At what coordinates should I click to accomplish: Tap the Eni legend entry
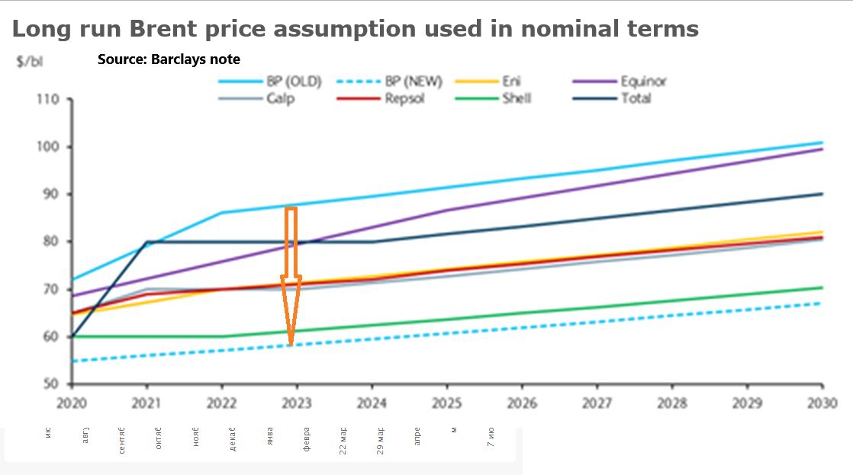click(x=511, y=82)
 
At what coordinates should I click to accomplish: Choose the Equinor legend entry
click(x=643, y=82)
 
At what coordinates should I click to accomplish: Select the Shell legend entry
click(x=517, y=98)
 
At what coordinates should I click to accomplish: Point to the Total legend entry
click(x=636, y=98)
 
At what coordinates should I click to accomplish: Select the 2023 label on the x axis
click(x=297, y=403)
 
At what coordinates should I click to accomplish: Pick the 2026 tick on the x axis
click(x=522, y=403)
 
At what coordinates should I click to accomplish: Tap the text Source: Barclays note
click(x=169, y=59)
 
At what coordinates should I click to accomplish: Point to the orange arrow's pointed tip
click(x=291, y=345)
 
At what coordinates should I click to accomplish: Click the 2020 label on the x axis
click(x=72, y=403)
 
